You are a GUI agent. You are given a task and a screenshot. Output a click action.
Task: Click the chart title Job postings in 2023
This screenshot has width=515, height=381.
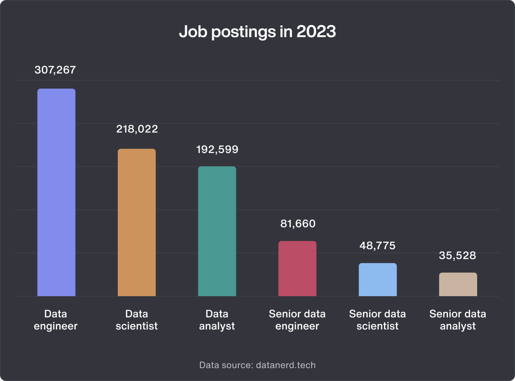click(x=257, y=32)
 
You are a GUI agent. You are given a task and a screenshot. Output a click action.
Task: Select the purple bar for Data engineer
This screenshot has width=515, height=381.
click(x=56, y=192)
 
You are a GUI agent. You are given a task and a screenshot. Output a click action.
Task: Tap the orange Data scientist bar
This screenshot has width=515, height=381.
click(x=137, y=222)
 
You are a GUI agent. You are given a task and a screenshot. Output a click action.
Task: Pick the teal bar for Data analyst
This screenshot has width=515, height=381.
click(x=217, y=231)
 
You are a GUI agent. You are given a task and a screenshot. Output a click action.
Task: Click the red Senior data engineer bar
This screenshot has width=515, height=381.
click(x=297, y=269)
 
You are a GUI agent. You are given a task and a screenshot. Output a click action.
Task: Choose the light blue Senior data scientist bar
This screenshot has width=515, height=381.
click(x=378, y=280)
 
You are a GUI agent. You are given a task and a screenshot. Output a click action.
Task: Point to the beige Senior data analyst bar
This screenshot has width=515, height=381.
click(x=458, y=284)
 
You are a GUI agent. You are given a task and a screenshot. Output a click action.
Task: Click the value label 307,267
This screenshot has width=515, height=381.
click(x=55, y=70)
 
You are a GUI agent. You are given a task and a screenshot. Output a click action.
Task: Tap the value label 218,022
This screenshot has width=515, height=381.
click(x=137, y=129)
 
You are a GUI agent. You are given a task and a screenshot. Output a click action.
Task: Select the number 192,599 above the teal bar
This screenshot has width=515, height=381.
click(x=217, y=150)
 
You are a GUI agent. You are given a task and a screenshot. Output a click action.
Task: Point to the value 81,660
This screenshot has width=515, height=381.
click(x=298, y=224)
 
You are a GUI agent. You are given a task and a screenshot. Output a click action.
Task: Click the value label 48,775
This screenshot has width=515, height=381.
click(x=378, y=246)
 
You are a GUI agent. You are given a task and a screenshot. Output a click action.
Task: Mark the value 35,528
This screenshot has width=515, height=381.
click(x=457, y=256)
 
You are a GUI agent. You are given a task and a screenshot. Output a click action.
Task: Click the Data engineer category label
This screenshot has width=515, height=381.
click(x=56, y=320)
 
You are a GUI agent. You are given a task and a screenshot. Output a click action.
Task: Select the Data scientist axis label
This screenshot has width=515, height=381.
click(x=137, y=320)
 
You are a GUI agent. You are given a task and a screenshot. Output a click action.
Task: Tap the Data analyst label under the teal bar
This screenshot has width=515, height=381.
click(x=217, y=320)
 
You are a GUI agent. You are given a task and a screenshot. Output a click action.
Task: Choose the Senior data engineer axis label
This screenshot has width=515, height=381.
click(x=297, y=320)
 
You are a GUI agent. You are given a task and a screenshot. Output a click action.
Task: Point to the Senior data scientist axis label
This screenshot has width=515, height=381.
click(x=378, y=320)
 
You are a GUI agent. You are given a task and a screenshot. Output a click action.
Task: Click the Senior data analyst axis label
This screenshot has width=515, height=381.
click(x=458, y=320)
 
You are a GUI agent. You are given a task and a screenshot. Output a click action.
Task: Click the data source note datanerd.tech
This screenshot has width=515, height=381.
click(x=257, y=365)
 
